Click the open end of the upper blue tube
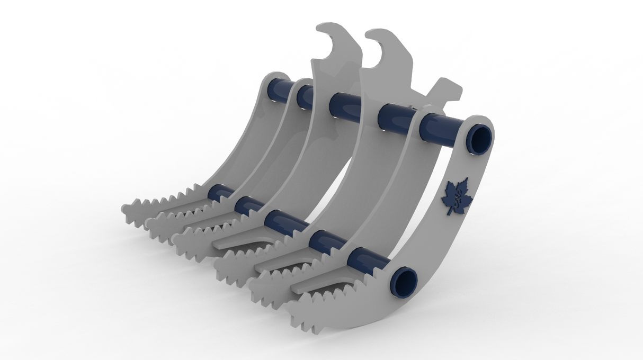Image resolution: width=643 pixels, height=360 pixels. pos(480,139)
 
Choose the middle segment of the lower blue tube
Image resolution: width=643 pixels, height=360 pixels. pos(282,222)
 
